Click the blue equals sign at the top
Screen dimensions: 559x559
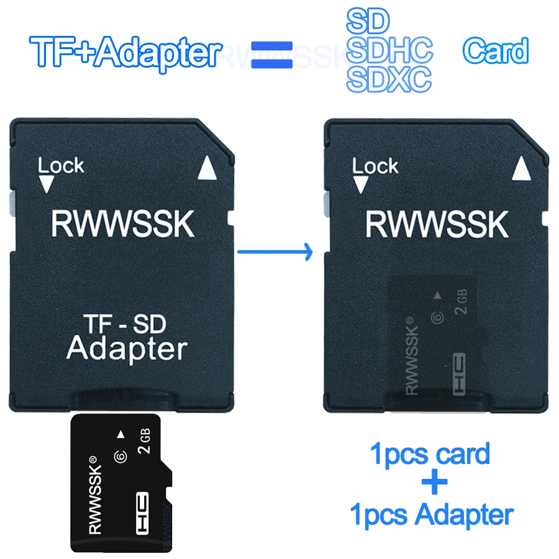271,54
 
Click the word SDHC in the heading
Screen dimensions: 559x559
389,51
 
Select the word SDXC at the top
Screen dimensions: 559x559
389,80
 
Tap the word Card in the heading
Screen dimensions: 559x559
495,51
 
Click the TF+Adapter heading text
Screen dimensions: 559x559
124,53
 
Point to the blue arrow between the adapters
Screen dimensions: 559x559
273,252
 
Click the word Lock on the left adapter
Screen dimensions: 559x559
61,166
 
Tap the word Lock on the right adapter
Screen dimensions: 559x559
375,166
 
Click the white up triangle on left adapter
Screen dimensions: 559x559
208,168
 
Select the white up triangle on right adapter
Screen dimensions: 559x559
522,168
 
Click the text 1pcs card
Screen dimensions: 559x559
430,454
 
